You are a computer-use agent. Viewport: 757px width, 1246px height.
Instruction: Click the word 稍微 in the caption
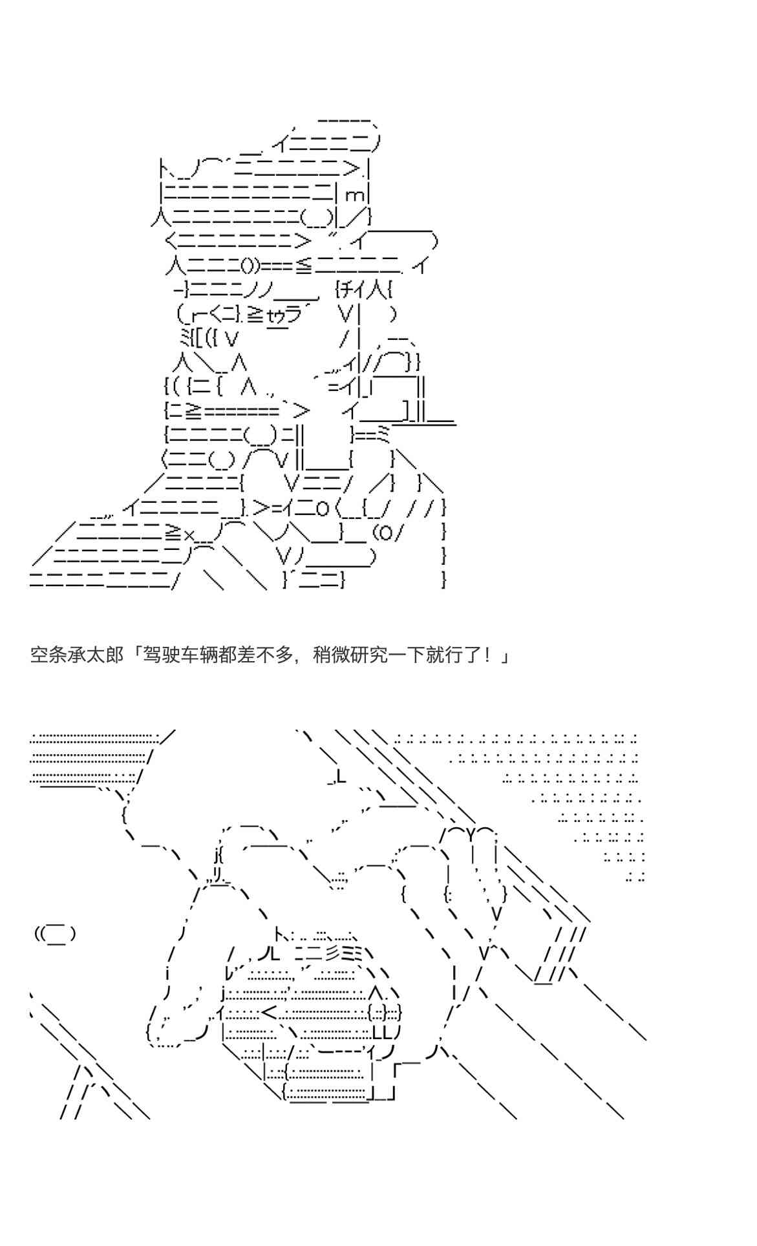pyautogui.click(x=330, y=655)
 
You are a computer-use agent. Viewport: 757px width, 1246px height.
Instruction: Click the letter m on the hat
pyautogui.click(x=354, y=195)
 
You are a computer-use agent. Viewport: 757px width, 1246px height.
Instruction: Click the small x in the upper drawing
pyautogui.click(x=189, y=534)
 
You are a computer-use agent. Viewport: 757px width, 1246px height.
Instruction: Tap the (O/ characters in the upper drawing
pyautogui.click(x=389, y=533)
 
